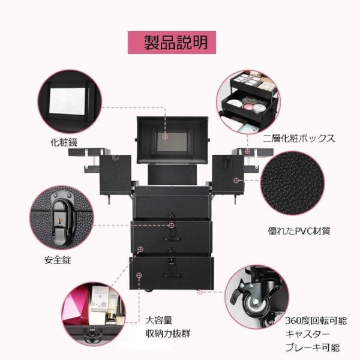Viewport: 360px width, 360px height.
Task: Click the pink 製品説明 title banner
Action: click(x=172, y=43)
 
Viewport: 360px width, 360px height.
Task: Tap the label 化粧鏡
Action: click(x=64, y=143)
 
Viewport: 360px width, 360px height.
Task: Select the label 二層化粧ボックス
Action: click(x=299, y=139)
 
